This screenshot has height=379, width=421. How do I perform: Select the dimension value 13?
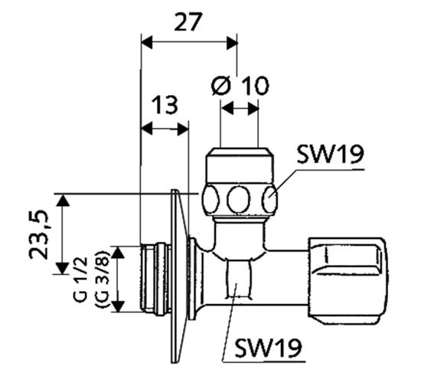165,104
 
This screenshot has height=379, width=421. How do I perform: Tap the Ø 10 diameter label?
240,86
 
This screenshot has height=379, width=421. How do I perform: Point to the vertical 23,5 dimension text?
39,234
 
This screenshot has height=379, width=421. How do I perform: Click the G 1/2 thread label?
80,279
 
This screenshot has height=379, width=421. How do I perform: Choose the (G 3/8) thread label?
103,279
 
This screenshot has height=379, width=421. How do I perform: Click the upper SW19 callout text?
330,154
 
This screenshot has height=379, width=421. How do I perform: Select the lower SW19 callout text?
268,348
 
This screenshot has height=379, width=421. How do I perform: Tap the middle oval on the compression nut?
238,200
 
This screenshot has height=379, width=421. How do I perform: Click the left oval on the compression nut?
210,200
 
